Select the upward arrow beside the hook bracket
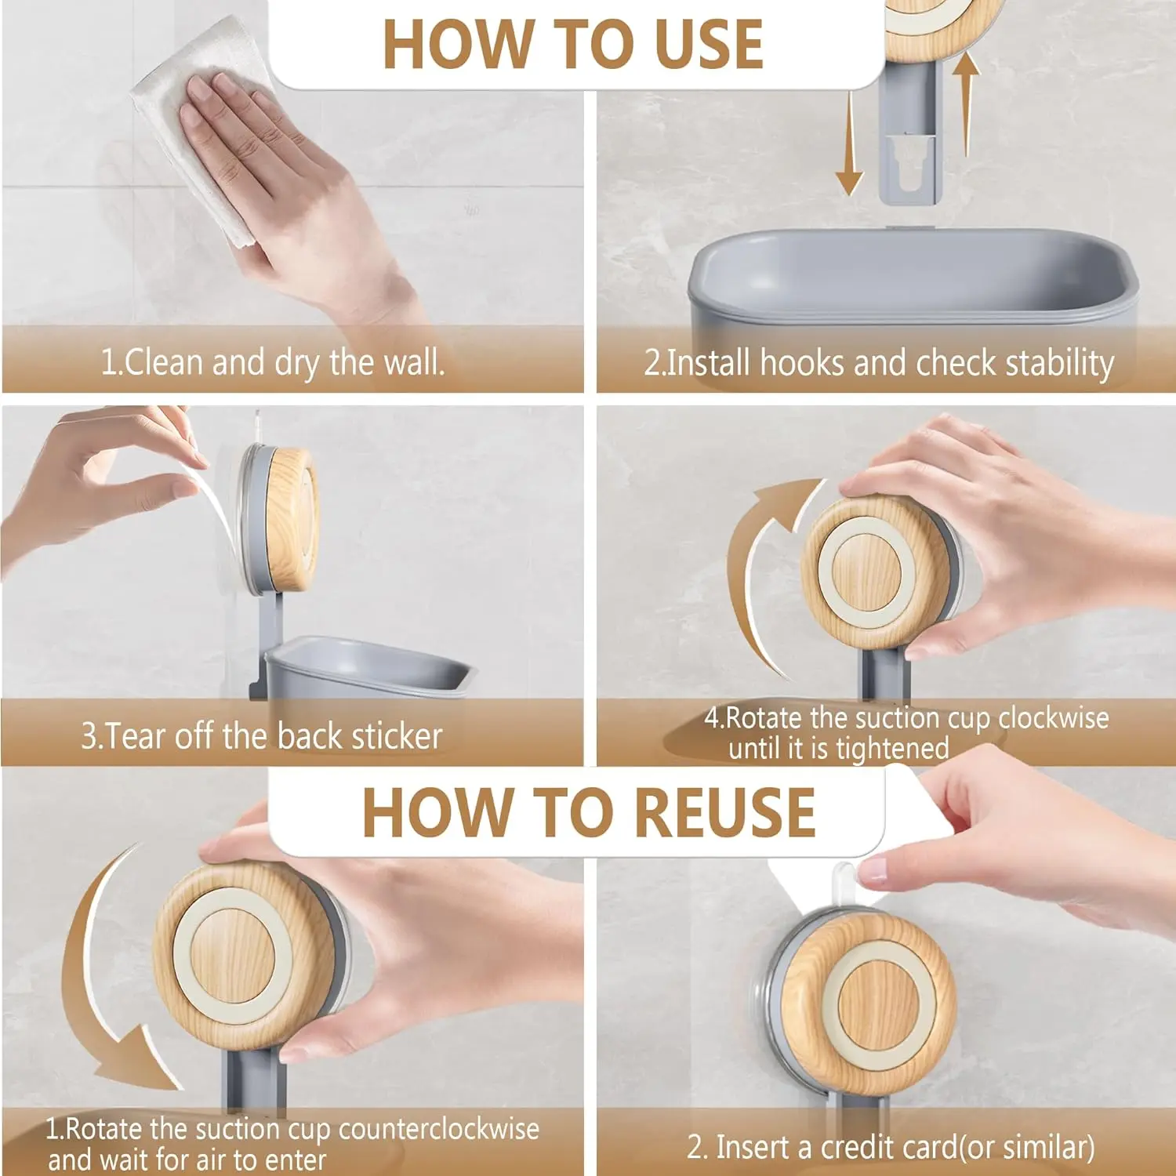point(967,102)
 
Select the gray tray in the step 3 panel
point(368,666)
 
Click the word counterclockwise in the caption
point(439,1129)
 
